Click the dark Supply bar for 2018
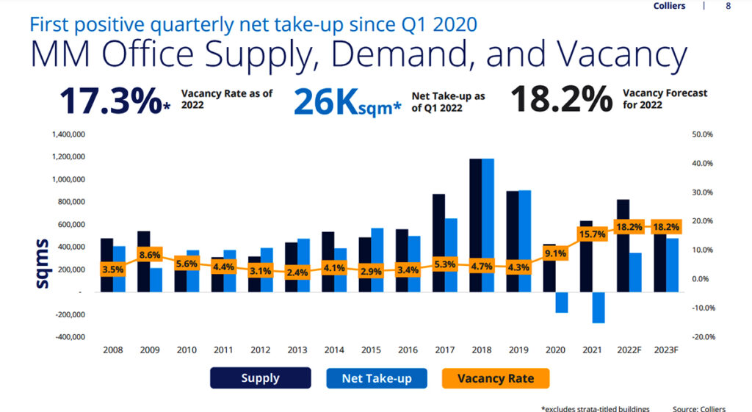475,220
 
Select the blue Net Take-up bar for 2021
599,308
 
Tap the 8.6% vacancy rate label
149,255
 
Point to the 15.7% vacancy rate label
592,234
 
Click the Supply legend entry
261,378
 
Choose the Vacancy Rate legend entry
496,378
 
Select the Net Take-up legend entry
377,378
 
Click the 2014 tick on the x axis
334,350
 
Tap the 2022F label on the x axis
629,350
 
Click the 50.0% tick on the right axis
704,134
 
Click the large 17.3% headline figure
109,101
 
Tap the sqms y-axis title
42,263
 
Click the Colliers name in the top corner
668,7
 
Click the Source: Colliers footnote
698,407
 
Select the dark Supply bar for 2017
438,242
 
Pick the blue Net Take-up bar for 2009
156,280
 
